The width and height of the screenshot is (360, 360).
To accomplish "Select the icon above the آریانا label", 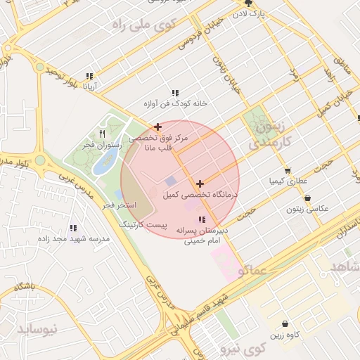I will point(89,76).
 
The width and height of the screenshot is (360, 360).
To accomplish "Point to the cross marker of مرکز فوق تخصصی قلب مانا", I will point(157,127).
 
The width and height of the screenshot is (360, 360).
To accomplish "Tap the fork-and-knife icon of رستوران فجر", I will point(103,134).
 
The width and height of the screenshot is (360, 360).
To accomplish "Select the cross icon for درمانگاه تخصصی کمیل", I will point(200,183).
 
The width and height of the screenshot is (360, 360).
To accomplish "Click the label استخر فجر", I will point(117,205).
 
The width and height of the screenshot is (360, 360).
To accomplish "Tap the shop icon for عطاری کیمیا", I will point(288,171).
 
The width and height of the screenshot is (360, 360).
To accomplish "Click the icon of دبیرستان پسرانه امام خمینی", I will point(202,219).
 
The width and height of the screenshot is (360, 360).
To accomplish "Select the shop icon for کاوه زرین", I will point(285,324).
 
